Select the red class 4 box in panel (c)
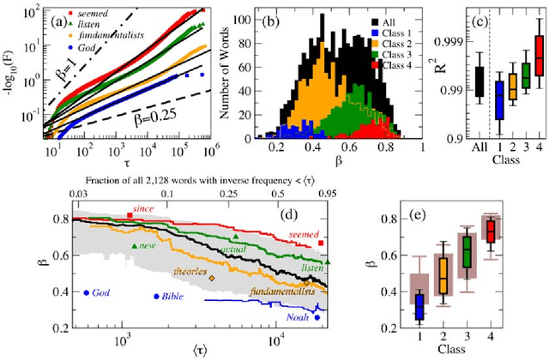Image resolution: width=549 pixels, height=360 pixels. pyautogui.click(x=538, y=60)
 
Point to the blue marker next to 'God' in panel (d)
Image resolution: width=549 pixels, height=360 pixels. pyautogui.click(x=87, y=293)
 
